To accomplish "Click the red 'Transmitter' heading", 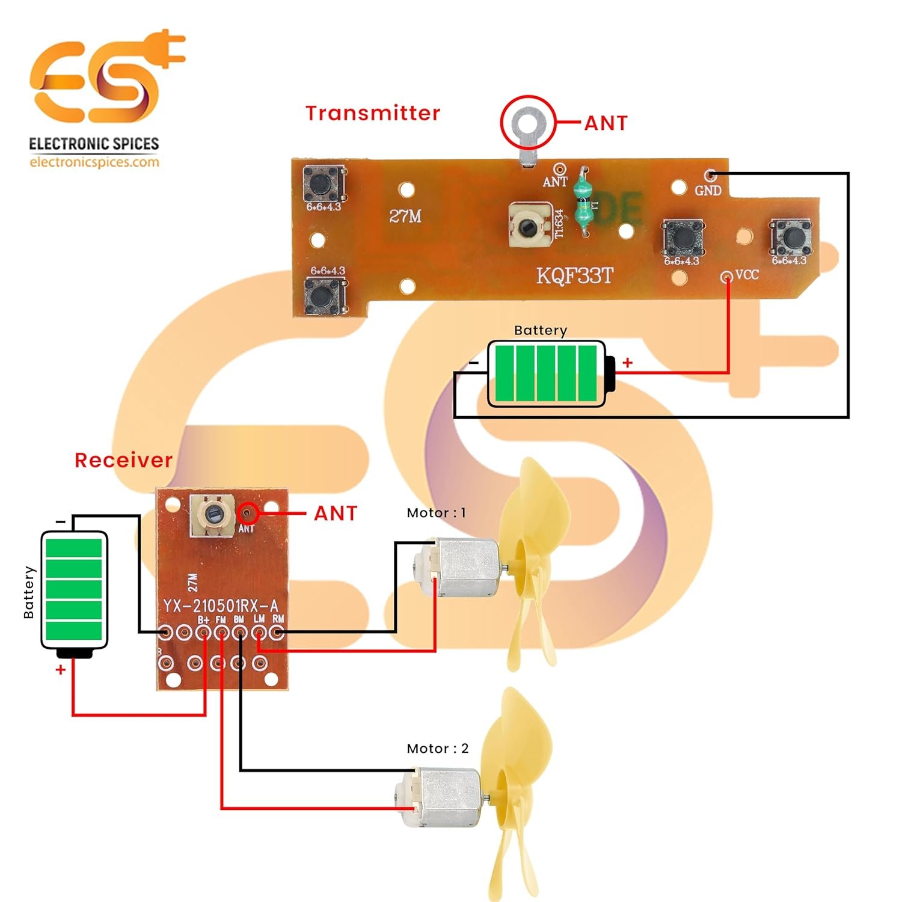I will click(x=372, y=113).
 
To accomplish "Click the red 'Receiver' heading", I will click(x=123, y=460).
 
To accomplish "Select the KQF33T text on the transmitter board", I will click(x=574, y=276).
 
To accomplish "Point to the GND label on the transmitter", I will click(x=708, y=191).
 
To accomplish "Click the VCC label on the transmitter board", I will click(x=747, y=275).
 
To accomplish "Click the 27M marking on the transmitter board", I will click(x=405, y=216).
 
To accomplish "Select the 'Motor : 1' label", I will click(x=436, y=513).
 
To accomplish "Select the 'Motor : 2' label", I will click(x=437, y=749).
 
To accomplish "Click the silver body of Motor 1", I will click(x=468, y=568).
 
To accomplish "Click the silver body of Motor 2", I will click(x=450, y=797).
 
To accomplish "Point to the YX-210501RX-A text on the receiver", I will click(x=221, y=605).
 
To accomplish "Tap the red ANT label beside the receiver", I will click(x=336, y=514).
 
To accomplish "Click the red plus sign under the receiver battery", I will click(x=60, y=669).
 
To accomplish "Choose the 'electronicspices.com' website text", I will click(x=94, y=162).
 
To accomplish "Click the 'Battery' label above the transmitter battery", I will click(x=540, y=330).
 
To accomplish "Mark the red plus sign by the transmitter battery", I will click(x=627, y=363).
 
